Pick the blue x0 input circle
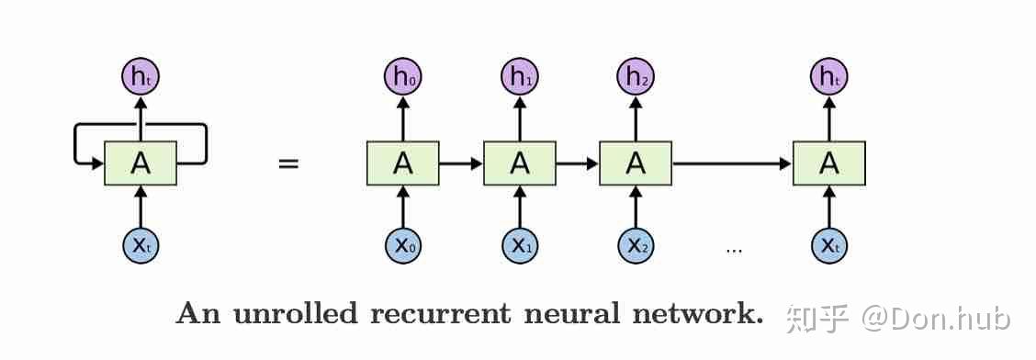(x=402, y=245)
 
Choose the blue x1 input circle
(x=520, y=245)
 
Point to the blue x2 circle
(x=636, y=245)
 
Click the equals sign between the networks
(x=289, y=165)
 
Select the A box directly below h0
(x=402, y=163)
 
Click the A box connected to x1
(x=520, y=163)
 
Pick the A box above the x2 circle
(x=636, y=163)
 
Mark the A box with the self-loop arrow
(x=141, y=163)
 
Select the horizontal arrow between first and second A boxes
(x=461, y=163)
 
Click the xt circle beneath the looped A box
(x=141, y=245)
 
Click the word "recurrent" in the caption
(x=440, y=315)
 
